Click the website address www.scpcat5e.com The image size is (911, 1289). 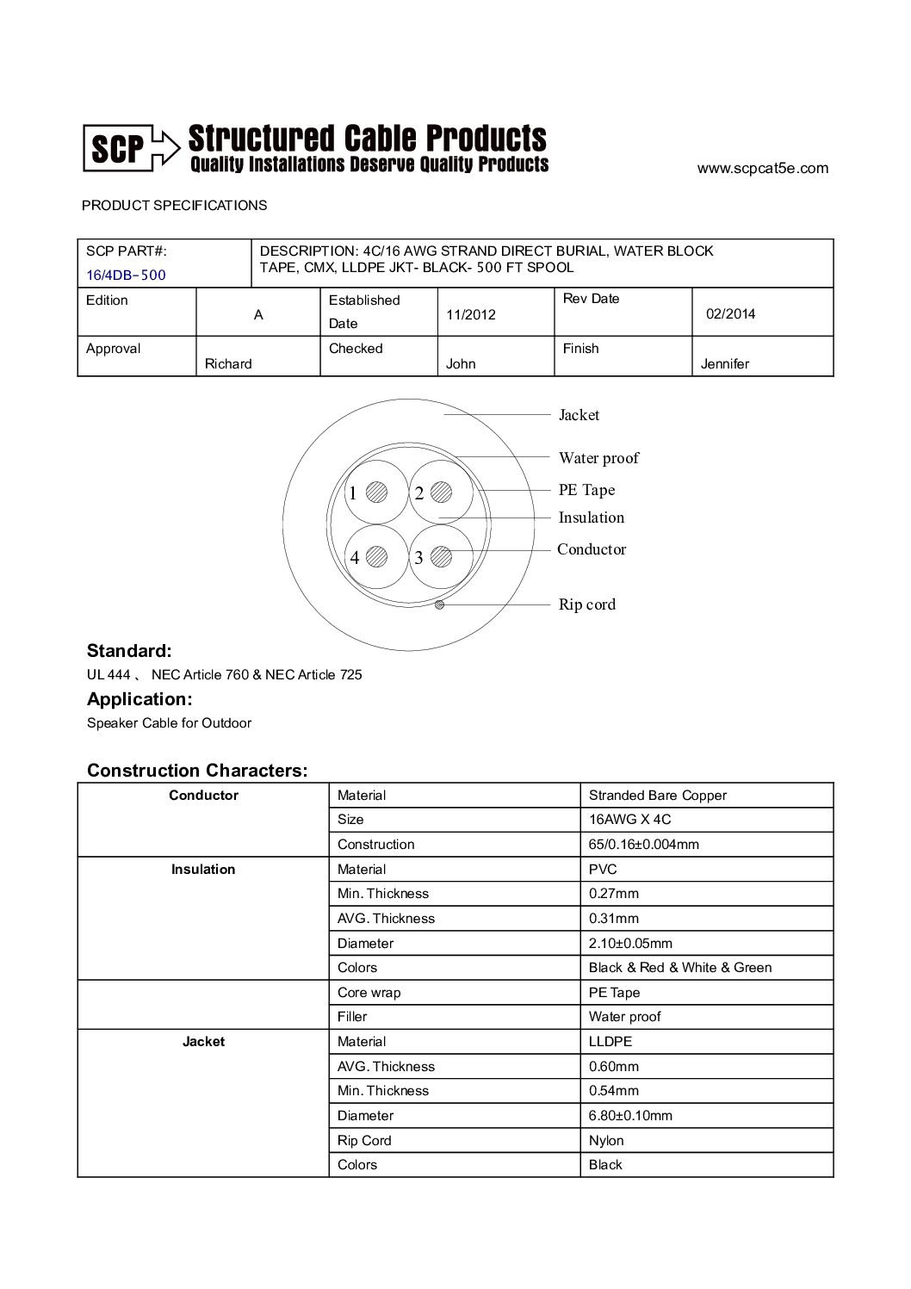(x=762, y=169)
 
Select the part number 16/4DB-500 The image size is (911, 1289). (x=126, y=276)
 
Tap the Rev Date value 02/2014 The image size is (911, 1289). (x=730, y=314)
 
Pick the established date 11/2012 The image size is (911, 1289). (x=471, y=315)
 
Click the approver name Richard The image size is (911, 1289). (x=228, y=364)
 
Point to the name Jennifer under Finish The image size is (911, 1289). (x=725, y=364)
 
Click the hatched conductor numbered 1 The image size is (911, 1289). (x=376, y=492)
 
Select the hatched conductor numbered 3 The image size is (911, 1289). (x=441, y=557)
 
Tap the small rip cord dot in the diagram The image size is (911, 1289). (x=440, y=605)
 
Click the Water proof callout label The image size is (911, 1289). (x=598, y=458)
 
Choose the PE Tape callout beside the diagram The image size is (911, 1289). (x=586, y=490)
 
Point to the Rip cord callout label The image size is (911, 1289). (x=587, y=604)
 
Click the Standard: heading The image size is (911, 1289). (x=129, y=651)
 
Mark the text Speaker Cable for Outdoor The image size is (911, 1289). (x=169, y=723)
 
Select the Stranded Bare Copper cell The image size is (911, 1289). (x=657, y=796)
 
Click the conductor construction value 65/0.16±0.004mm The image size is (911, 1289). (x=643, y=845)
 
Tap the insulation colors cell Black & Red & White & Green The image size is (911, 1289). (x=679, y=968)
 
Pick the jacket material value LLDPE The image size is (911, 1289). (x=610, y=1042)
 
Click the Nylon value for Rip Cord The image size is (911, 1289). (x=606, y=1141)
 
